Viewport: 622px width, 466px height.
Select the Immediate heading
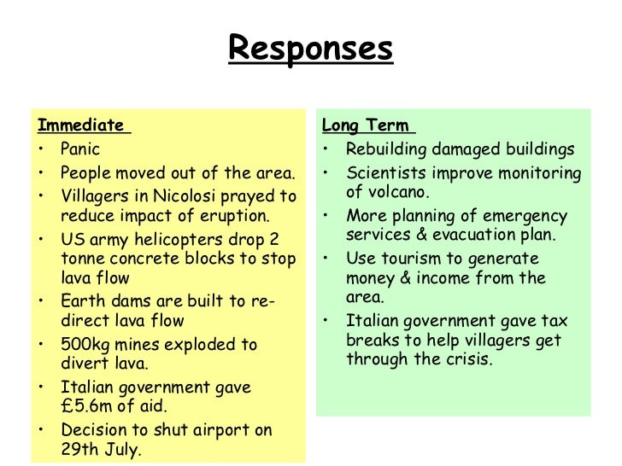(x=80, y=125)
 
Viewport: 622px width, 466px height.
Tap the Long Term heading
(x=365, y=125)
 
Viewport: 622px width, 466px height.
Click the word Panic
(x=80, y=149)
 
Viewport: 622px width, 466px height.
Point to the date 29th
(x=79, y=450)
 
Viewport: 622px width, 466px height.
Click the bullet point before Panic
(x=42, y=149)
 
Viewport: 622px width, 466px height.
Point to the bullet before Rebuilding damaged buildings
(x=327, y=149)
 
